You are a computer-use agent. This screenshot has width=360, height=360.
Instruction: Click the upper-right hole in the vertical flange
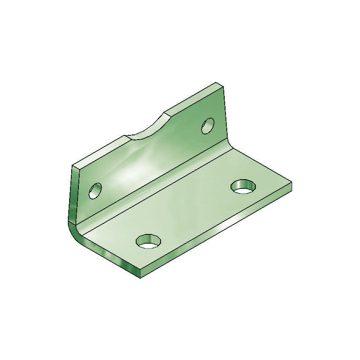208,126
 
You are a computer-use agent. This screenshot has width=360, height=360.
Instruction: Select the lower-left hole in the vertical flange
95,191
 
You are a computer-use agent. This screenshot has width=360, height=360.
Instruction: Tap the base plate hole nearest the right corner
243,186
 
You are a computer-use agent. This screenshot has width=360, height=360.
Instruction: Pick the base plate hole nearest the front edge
148,241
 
